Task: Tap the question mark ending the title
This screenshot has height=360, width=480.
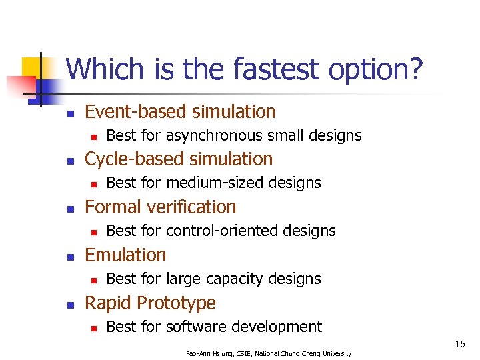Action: [x=415, y=69]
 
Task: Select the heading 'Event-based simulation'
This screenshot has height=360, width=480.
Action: [x=180, y=111]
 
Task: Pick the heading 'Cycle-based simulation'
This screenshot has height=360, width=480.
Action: [x=179, y=159]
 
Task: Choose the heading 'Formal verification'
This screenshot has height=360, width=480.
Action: [x=160, y=207]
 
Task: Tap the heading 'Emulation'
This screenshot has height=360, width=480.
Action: [x=125, y=255]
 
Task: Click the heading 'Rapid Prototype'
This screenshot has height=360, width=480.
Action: [x=150, y=303]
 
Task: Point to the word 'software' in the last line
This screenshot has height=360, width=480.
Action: [x=196, y=327]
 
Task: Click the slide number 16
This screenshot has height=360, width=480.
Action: [x=459, y=344]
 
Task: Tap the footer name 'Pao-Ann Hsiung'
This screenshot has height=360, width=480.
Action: [x=208, y=353]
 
